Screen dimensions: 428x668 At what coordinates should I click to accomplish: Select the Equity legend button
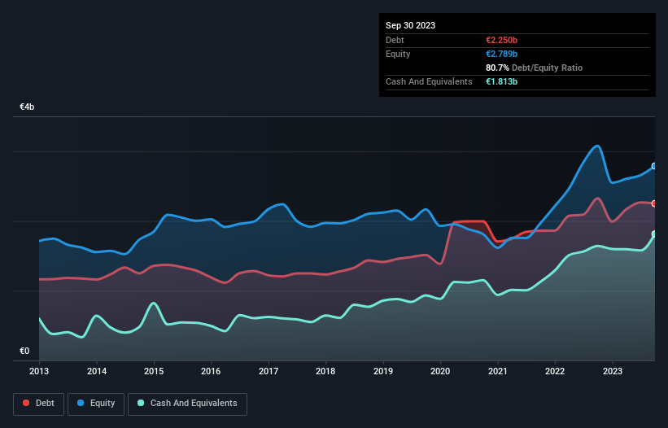coord(96,403)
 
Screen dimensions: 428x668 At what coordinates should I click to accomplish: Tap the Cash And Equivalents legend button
coord(187,403)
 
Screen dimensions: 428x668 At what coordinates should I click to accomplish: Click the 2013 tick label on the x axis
coord(39,371)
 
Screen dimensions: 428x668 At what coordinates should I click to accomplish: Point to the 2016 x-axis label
coord(211,371)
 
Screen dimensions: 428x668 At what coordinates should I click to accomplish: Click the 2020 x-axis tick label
coord(440,371)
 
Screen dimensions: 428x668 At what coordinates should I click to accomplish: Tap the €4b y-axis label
coord(27,107)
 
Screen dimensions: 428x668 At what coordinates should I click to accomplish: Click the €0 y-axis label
coord(24,352)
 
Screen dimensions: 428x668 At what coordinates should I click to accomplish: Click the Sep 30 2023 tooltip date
coord(410,25)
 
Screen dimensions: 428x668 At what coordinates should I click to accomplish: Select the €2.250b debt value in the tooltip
coord(502,40)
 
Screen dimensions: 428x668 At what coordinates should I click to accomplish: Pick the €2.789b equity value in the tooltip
coord(502,54)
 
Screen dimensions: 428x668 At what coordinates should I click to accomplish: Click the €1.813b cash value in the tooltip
coord(502,81)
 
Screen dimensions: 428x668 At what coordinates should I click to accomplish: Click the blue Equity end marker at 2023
coord(654,166)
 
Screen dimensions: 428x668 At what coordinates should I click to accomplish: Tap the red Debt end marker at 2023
coord(654,203)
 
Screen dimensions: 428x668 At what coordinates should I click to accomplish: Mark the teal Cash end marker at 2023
coord(654,234)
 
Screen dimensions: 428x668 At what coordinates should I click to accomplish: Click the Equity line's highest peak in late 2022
coord(598,146)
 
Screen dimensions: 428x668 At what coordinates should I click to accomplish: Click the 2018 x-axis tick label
coord(325,371)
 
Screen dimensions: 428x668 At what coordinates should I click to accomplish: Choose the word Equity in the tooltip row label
coord(398,54)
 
